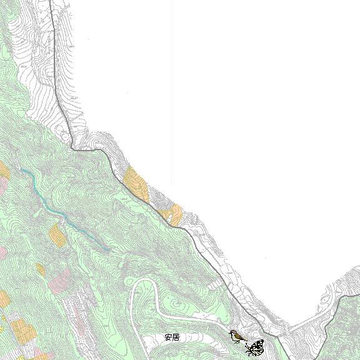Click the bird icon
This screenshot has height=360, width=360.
point(237,337)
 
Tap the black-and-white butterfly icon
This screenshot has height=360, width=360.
point(256,346)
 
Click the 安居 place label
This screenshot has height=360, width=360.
point(172,337)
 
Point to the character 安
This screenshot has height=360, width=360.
point(168,337)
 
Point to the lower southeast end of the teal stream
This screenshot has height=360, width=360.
point(110,249)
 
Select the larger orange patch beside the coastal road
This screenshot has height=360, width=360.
point(136,183)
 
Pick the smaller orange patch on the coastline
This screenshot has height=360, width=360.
point(173,214)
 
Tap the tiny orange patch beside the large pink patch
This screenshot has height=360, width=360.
point(40,269)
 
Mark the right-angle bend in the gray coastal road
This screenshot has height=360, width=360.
point(74,147)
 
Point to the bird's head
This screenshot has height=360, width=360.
point(233,334)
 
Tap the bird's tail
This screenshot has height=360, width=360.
point(243,341)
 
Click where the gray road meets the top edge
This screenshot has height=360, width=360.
point(51,2)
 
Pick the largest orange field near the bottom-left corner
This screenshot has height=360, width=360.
point(21,331)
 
